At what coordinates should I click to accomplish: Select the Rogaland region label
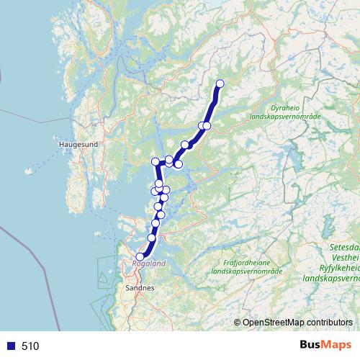149,264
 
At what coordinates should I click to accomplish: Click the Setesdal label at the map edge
343,246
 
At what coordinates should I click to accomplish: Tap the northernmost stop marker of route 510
220,84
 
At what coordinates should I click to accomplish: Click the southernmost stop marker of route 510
140,256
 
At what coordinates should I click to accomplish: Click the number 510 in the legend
30,346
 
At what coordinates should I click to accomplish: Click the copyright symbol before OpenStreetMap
238,323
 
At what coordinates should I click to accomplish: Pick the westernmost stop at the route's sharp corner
155,162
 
